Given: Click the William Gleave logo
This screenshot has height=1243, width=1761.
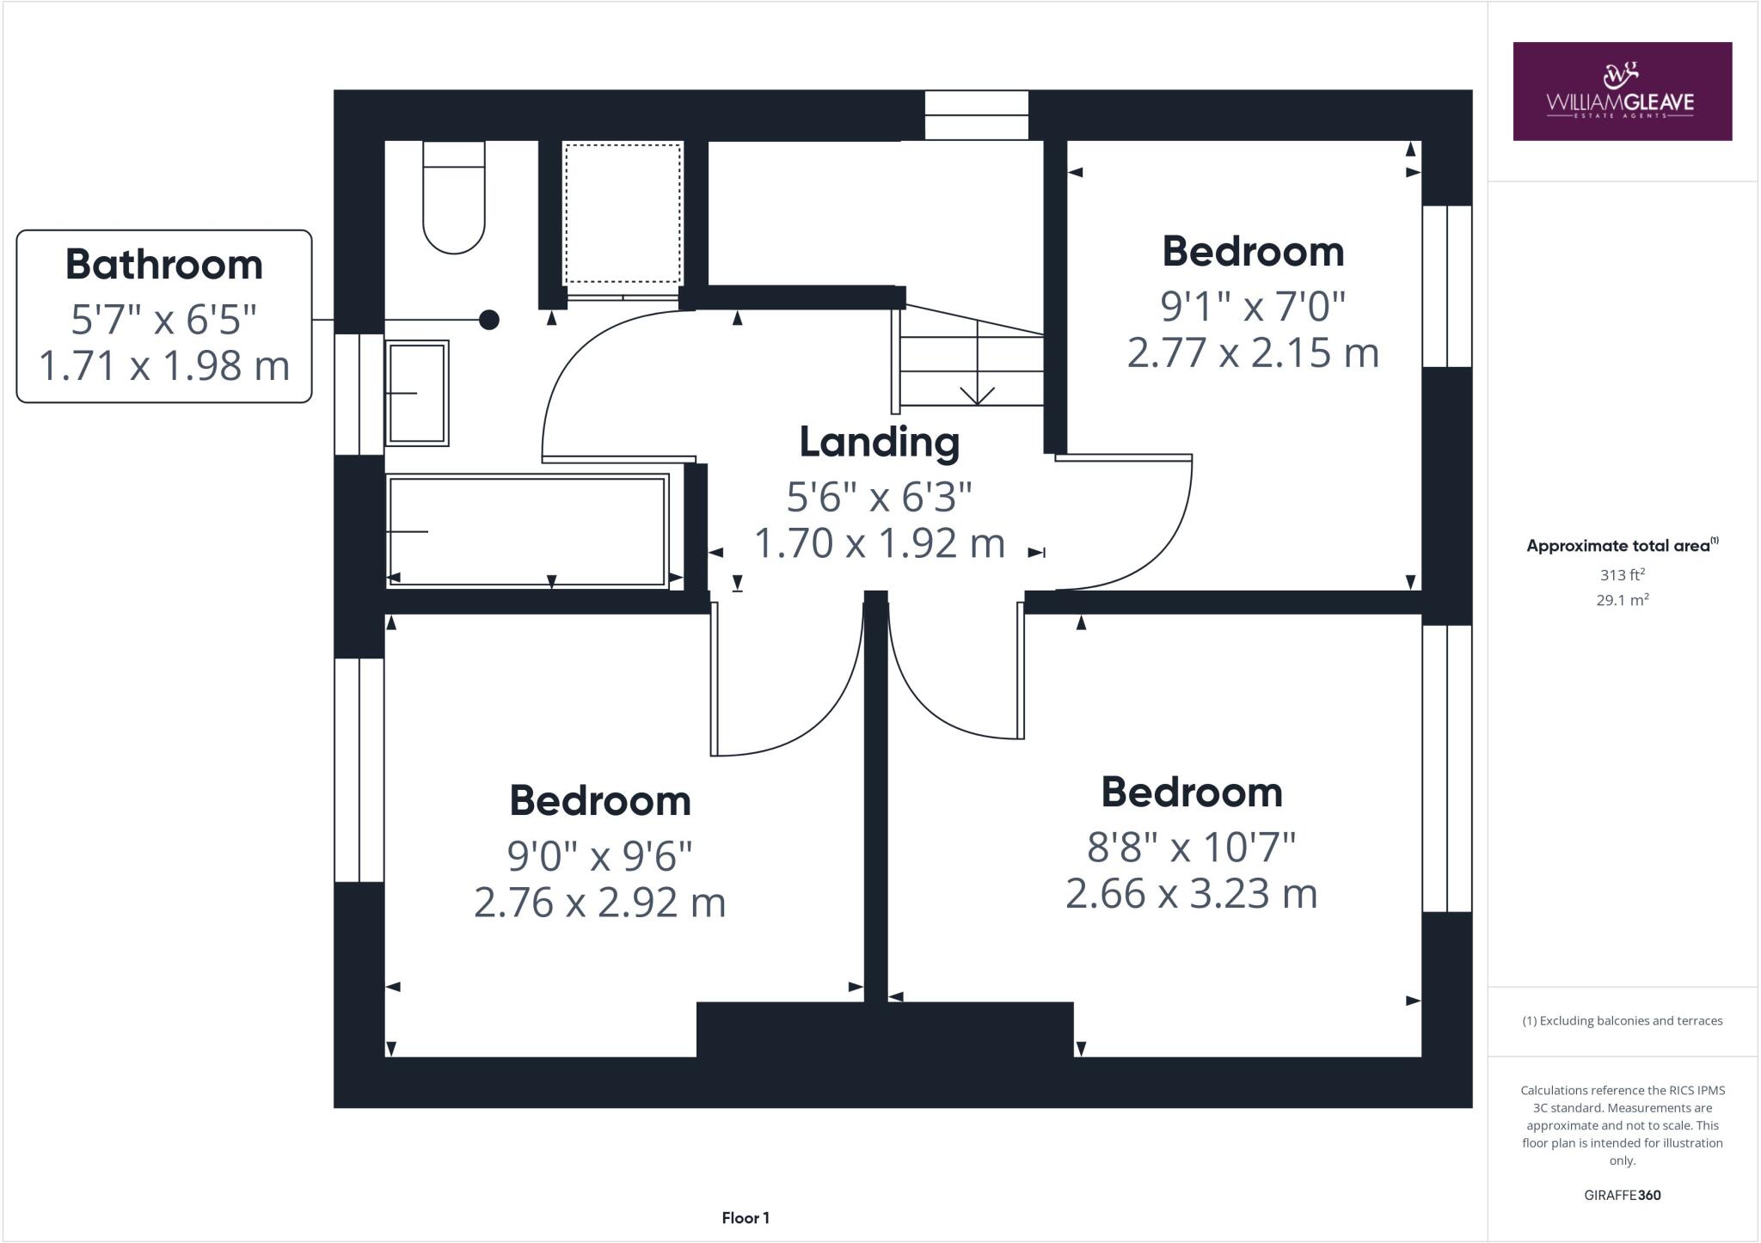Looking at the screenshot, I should click(1622, 91).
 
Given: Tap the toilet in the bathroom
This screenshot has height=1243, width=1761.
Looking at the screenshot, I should click(454, 202).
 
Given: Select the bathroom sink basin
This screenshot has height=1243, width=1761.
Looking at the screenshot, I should click(417, 393).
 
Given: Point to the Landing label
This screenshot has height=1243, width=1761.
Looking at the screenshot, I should click(879, 442).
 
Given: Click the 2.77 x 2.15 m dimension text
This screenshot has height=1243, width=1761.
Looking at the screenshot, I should click(1253, 353).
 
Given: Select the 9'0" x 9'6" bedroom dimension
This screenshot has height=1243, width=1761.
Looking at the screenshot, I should click(599, 855).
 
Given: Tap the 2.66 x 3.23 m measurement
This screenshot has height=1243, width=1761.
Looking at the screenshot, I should click(1191, 894).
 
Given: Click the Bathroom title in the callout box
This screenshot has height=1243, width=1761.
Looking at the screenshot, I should click(164, 265).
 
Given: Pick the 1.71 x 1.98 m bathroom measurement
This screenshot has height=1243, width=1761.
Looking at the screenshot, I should click(164, 365).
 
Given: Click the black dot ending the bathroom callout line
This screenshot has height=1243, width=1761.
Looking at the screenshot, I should click(489, 320).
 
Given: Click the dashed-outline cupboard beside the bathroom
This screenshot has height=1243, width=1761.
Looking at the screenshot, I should click(622, 213).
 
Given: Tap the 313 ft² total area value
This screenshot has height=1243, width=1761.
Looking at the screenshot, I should click(1622, 575).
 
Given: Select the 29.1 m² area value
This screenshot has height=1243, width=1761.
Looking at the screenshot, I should click(1622, 600).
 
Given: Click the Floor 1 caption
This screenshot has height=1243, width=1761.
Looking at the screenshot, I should click(746, 1218).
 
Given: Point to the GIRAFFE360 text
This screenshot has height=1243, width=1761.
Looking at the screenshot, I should click(1622, 1195).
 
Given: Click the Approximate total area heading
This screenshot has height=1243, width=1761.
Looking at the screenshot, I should click(1622, 546).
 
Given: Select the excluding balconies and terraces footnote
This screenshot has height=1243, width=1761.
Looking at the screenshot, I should click(1622, 1021).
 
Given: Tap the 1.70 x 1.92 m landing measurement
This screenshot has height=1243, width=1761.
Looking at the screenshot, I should click(879, 544).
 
